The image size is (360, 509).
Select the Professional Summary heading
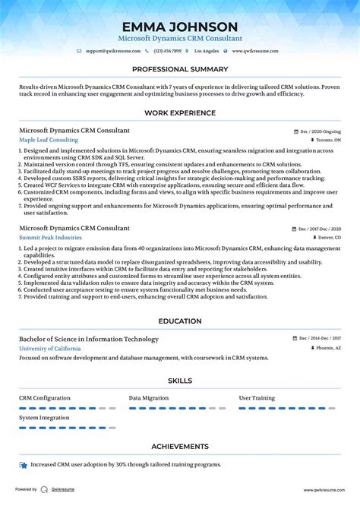[180, 69]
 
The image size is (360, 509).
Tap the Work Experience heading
[180, 113]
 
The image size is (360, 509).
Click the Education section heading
[180, 321]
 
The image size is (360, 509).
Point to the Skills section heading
[180, 381]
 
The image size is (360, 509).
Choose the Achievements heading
[180, 447]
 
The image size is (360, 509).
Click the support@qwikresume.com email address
[113, 51]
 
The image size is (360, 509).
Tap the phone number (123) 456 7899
[167, 51]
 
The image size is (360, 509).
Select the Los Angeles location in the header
[206, 51]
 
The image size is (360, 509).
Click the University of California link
[49, 348]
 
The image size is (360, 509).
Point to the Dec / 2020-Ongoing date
[320, 131]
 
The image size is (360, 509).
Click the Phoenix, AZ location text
[327, 348]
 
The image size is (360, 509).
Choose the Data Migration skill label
[149, 397]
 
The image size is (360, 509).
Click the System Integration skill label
[44, 417]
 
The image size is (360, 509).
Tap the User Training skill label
[257, 397]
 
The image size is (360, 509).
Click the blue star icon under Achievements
[24, 464]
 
